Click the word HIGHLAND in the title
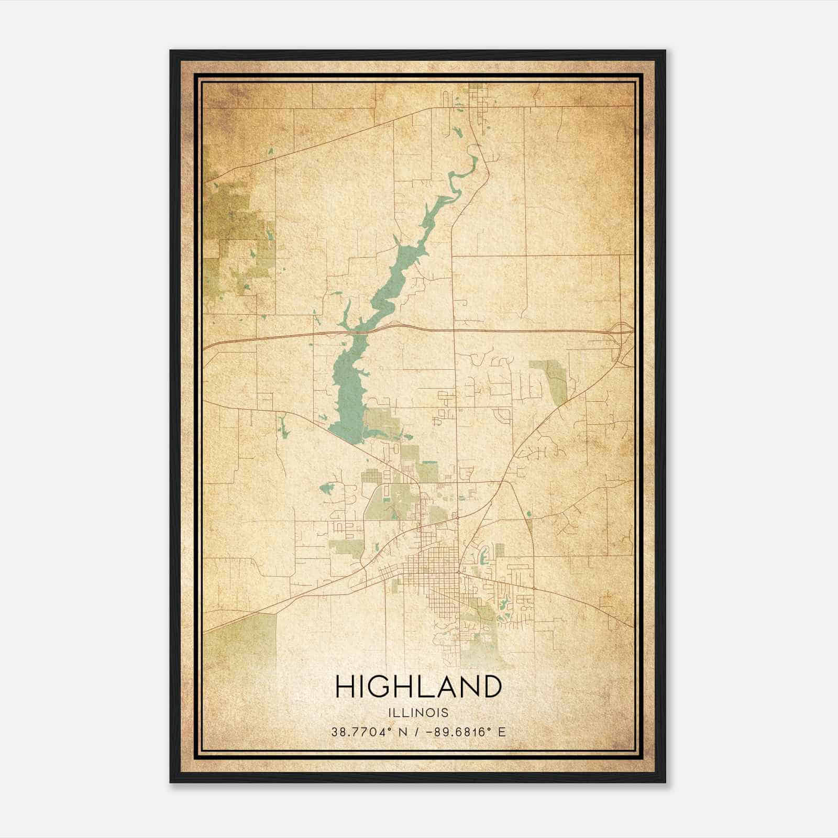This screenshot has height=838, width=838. coord(418,687)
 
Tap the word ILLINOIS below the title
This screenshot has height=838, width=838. coord(418,713)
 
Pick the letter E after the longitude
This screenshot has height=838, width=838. coord(502,732)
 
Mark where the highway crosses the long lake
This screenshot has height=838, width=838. coord(361,332)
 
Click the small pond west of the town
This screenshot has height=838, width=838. coord(328,489)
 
